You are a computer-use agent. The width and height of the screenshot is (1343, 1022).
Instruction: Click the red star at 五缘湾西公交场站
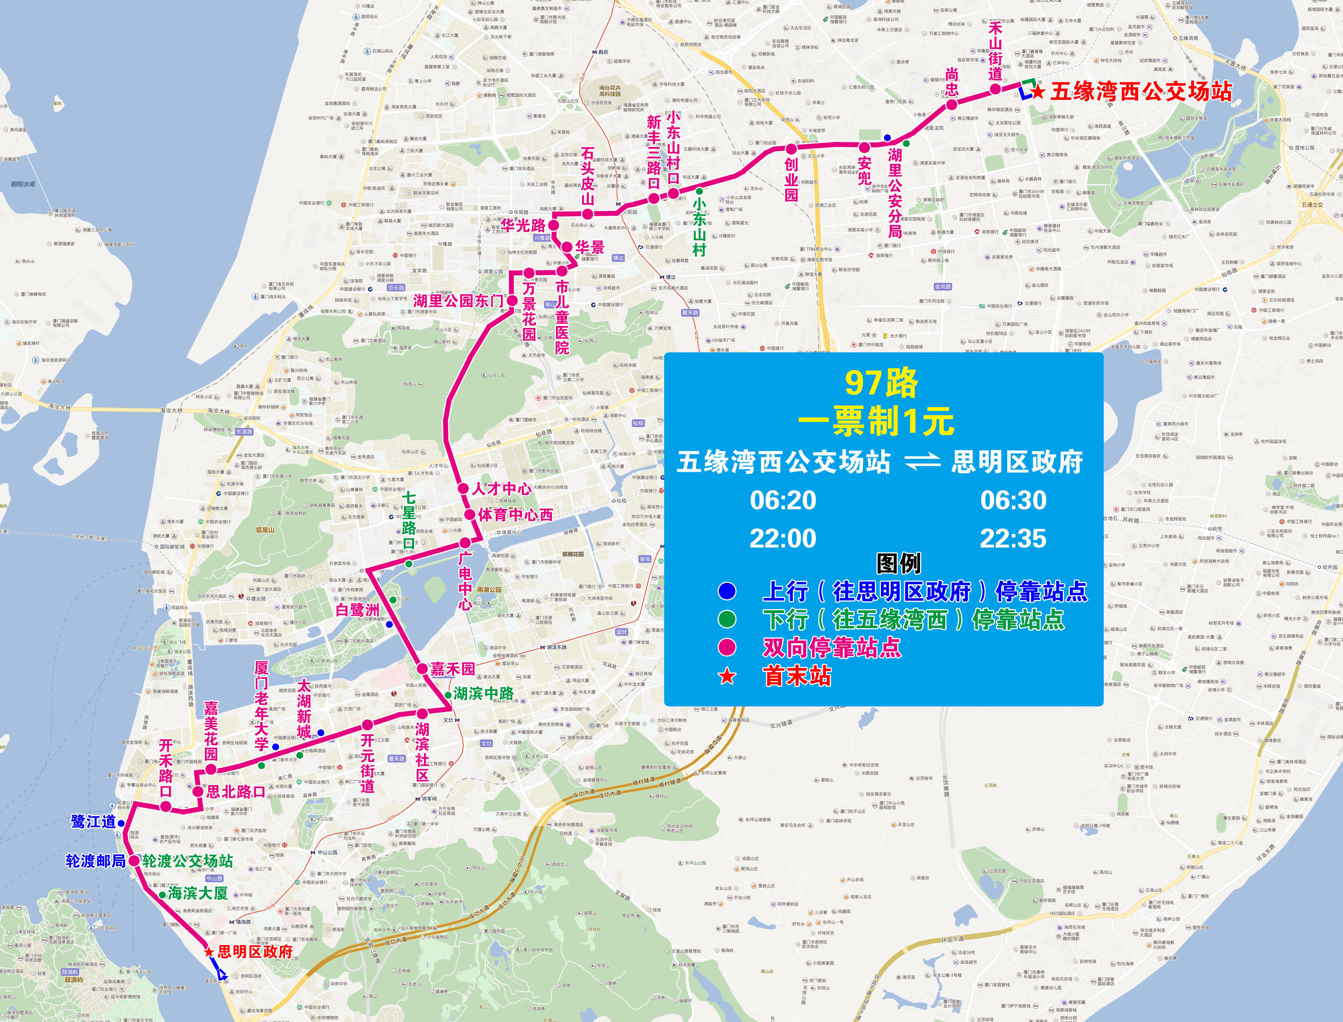tap(1038, 92)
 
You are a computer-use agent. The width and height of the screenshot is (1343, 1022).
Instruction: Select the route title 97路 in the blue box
tap(881, 383)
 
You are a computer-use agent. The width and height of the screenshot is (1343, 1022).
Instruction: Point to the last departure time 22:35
tap(1013, 538)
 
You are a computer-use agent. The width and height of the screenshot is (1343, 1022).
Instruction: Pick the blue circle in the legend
tap(727, 591)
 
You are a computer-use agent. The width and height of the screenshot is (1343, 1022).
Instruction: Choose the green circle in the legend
tap(727, 619)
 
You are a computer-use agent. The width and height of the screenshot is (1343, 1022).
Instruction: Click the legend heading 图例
tap(898, 563)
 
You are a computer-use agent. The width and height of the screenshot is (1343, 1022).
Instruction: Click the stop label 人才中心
tap(502, 489)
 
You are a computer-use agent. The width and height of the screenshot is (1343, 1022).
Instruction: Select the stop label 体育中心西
tap(515, 515)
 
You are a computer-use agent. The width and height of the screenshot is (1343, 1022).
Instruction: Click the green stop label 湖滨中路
tap(483, 693)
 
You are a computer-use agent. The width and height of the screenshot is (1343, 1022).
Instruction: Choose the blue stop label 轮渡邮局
tap(96, 861)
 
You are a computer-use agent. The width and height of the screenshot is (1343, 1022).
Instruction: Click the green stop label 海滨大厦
tap(198, 893)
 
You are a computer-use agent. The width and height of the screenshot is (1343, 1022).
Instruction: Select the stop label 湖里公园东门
tap(458, 300)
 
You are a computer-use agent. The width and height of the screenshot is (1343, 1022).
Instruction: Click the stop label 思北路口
tap(236, 791)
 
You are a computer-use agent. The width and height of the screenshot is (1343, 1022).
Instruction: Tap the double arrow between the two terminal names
tap(923, 463)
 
